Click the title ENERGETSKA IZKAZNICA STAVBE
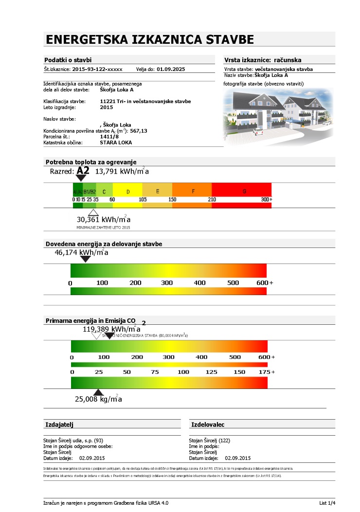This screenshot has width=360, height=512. [x=149, y=39]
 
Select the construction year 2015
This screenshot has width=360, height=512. [x=106, y=107]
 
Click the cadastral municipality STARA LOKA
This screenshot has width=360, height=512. [x=116, y=143]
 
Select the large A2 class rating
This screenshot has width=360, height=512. [x=83, y=171]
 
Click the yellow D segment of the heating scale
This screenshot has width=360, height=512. [x=127, y=192]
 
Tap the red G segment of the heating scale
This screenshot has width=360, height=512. [x=244, y=192]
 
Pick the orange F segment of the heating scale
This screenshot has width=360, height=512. [x=193, y=192]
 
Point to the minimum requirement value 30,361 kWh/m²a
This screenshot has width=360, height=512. [x=103, y=219]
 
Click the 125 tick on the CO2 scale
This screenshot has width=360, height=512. [x=211, y=372]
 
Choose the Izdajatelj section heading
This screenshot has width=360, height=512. [x=59, y=424]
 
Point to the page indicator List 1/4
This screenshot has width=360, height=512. [x=323, y=503]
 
